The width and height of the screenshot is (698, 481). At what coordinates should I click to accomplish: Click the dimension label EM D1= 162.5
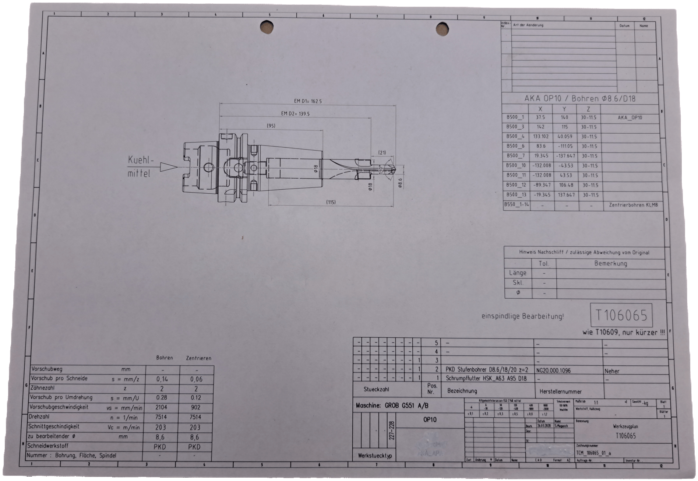pyautogui.click(x=308, y=101)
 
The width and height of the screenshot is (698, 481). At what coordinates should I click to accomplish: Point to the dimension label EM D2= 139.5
pyautogui.click(x=295, y=114)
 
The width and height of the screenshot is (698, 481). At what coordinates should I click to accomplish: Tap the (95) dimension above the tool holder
pyautogui.click(x=271, y=126)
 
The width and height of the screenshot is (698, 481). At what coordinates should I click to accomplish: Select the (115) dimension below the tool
pyautogui.click(x=331, y=202)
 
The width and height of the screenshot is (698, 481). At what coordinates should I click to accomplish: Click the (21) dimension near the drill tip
pyautogui.click(x=382, y=152)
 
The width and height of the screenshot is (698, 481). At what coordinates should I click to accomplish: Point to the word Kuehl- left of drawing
pyautogui.click(x=140, y=160)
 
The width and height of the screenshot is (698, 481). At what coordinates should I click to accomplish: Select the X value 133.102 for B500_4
pyautogui.click(x=540, y=137)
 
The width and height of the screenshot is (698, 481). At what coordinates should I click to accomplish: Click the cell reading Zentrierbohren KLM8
pyautogui.click(x=633, y=205)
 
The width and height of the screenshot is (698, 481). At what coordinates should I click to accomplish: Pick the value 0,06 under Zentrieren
pyautogui.click(x=196, y=379)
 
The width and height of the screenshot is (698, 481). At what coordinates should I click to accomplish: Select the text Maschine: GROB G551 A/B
pyautogui.click(x=392, y=406)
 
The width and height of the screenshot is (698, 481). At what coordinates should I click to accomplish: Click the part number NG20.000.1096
pyautogui.click(x=554, y=371)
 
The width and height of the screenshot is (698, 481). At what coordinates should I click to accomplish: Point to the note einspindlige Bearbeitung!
pyautogui.click(x=522, y=316)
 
